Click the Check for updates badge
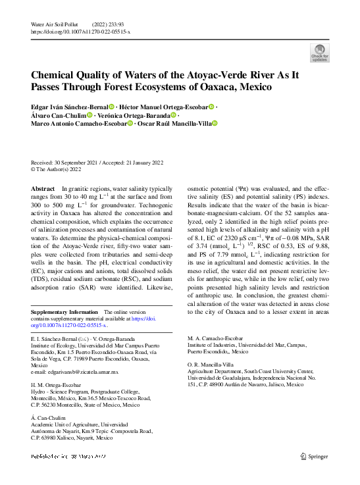(320, 53)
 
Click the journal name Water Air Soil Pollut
(55, 24)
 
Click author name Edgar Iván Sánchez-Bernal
(68, 107)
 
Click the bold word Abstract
(43, 189)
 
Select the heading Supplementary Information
(63, 312)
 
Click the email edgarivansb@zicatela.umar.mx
(74, 372)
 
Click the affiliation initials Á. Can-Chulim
(49, 418)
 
